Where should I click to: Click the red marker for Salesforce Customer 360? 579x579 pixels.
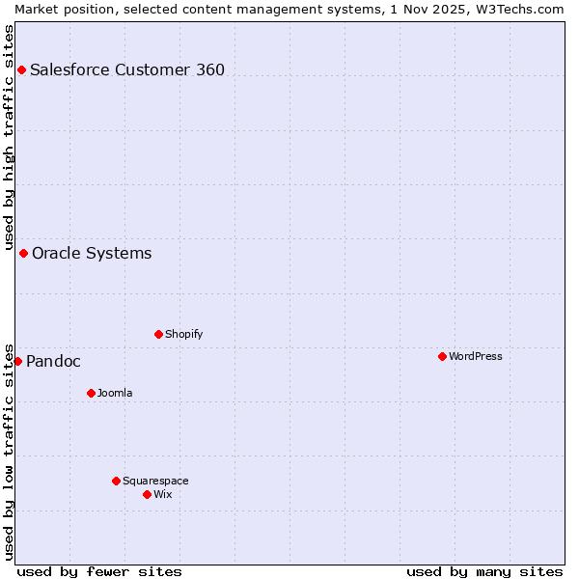coord(21,69)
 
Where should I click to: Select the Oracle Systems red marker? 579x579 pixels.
coord(23,253)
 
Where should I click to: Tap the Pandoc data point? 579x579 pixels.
coord(17,361)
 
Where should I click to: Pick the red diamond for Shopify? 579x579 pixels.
coord(158,334)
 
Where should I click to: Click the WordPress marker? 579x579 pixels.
coord(442,356)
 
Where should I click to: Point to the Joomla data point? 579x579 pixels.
coord(91,393)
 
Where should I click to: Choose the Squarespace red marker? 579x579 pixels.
coord(116,481)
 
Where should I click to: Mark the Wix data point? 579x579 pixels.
coord(147,494)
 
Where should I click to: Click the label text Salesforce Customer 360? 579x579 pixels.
coord(127,69)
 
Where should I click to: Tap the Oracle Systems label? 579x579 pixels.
coord(92,254)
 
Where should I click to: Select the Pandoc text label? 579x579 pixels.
coord(53,362)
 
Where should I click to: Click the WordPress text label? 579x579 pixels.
coord(476,356)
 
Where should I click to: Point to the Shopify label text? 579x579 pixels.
coord(184,334)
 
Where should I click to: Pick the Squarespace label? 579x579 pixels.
coord(156,481)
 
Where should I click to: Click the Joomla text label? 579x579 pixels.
coord(115,393)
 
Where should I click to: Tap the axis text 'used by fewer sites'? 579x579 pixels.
coord(99,571)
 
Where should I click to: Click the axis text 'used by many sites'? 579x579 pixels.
coord(484,571)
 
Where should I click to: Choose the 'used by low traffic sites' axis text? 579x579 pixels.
coord(9,452)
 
